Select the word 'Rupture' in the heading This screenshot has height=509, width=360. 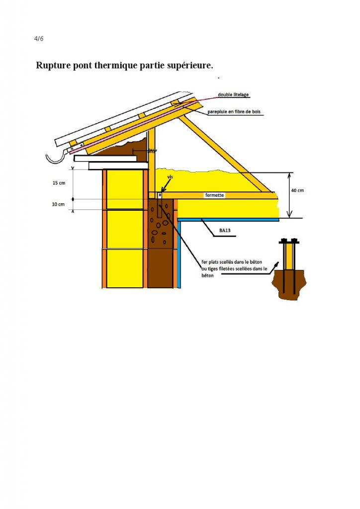click(51, 66)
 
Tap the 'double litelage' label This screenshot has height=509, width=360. click(233, 94)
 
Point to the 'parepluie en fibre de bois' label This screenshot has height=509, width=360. click(234, 112)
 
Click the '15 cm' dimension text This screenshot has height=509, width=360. click(59, 183)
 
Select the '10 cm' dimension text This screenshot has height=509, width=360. click(59, 204)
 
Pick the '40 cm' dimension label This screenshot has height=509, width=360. click(297, 190)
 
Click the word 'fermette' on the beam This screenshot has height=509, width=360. click(215, 196)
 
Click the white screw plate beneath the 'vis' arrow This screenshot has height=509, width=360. click(160, 195)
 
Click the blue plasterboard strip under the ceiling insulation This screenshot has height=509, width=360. click(229, 219)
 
